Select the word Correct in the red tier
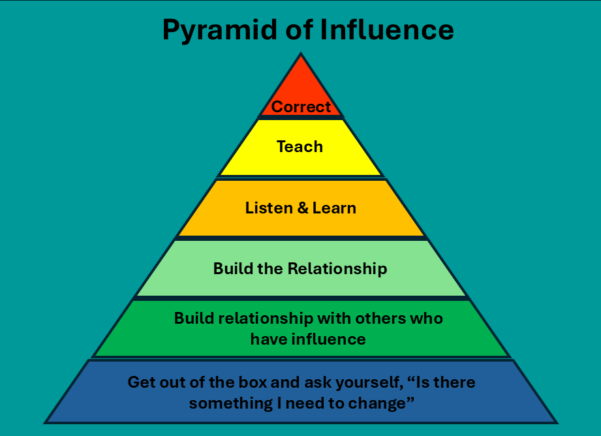(301, 106)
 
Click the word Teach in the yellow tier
(300, 147)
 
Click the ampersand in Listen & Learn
(302, 208)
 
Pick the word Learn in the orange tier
(333, 208)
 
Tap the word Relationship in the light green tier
(337, 268)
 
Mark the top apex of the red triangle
(300, 54)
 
